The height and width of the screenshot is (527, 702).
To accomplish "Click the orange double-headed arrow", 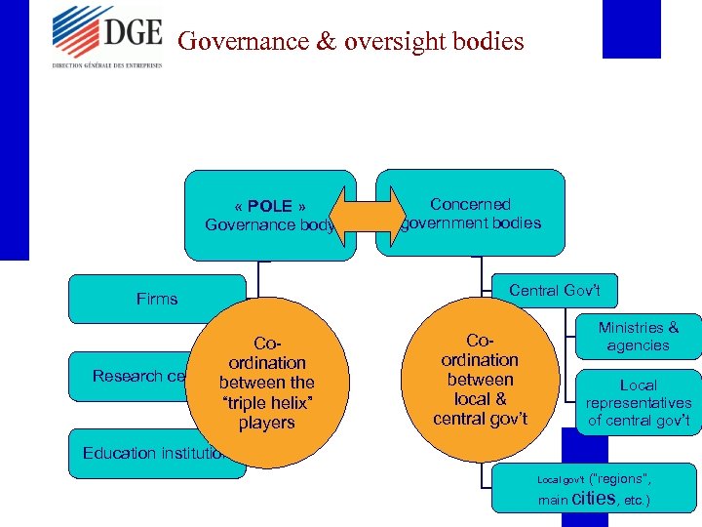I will click(368, 215).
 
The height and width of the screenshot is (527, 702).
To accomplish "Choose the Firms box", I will click(156, 299).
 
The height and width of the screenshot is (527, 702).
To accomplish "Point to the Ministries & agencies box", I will click(638, 337).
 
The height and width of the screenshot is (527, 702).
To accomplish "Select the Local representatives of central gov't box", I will click(638, 403).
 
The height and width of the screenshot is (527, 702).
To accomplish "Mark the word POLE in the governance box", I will click(270, 206).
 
